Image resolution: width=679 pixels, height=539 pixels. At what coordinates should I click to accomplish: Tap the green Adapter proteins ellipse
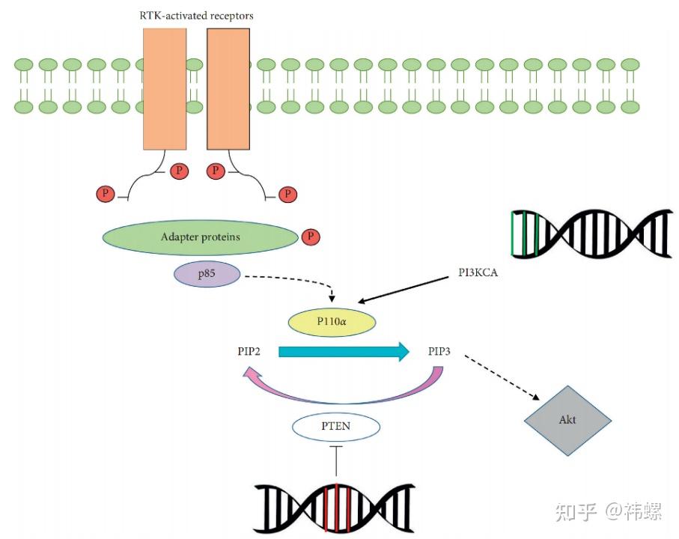(200, 237)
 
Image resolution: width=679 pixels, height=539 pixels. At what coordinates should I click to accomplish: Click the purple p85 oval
(207, 275)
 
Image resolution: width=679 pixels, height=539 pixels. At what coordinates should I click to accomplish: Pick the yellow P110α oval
(332, 322)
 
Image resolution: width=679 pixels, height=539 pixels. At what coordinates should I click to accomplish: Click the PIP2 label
(247, 351)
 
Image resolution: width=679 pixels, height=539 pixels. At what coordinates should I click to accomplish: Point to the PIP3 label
(439, 351)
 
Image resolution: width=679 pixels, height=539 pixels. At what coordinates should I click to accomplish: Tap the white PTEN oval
(335, 427)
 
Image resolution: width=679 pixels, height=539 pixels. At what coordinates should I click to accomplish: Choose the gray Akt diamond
(567, 420)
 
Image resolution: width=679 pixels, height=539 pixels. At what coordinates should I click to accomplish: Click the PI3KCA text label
(478, 273)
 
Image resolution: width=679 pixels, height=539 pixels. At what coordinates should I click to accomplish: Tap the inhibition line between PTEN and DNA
(336, 460)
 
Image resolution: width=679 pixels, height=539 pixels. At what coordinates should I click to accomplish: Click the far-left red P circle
(106, 195)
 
